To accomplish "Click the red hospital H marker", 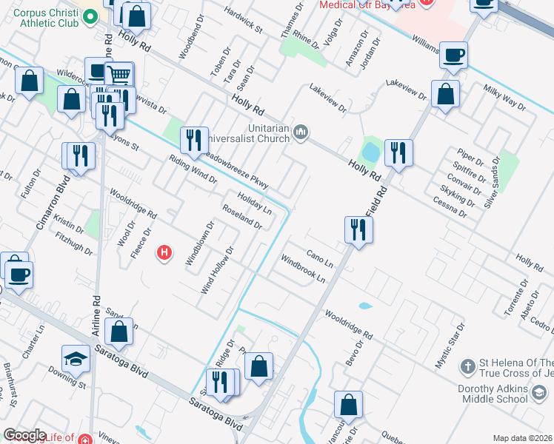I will [165, 254].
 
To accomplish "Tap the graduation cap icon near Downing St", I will [76, 359].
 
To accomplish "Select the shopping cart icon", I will [119, 74].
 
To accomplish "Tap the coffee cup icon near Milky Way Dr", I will [453, 54].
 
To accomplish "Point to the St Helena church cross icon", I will [467, 366].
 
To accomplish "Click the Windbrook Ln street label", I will [303, 269].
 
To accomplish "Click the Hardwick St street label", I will [244, 21].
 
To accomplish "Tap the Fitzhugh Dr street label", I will [74, 243].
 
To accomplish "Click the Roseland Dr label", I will [241, 215].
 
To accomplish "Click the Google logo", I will [24, 435].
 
